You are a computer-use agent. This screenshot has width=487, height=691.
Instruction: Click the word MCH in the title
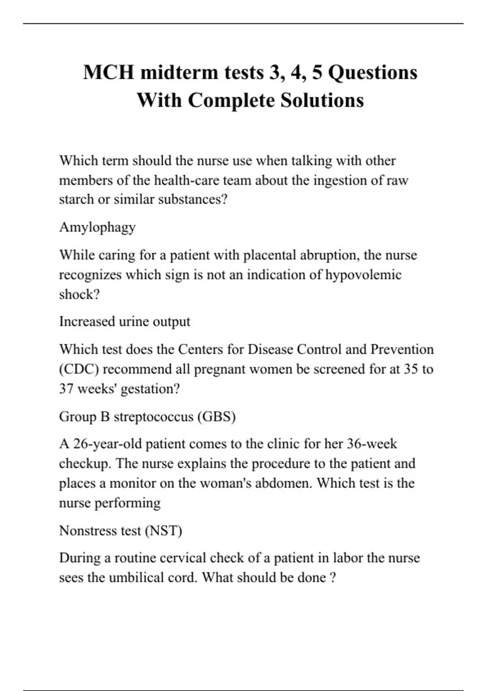point(108,73)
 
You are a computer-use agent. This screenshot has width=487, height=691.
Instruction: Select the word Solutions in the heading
point(322,100)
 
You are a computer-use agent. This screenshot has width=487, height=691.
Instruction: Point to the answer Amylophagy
point(97,227)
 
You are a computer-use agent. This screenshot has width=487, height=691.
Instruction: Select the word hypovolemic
point(363,275)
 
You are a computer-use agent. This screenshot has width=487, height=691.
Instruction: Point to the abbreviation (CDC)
point(79,369)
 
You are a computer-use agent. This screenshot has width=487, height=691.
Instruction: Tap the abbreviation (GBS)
point(216,417)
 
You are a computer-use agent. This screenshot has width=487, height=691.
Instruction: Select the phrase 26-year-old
point(107,444)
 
